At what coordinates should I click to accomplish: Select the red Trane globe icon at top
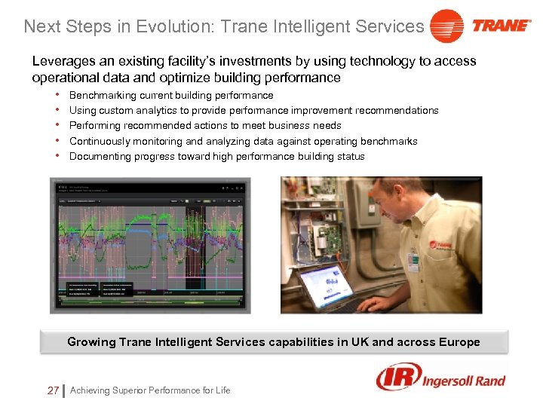pos(446,26)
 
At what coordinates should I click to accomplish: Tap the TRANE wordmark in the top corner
pos(501,26)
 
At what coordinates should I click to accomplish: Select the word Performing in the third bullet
pos(94,126)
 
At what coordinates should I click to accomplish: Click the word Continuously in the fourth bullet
pos(99,142)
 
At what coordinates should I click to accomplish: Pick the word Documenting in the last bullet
pos(99,157)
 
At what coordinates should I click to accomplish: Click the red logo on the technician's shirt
pos(440,244)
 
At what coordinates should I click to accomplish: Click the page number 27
pos(52,390)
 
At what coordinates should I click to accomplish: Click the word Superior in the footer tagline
pos(133,390)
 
